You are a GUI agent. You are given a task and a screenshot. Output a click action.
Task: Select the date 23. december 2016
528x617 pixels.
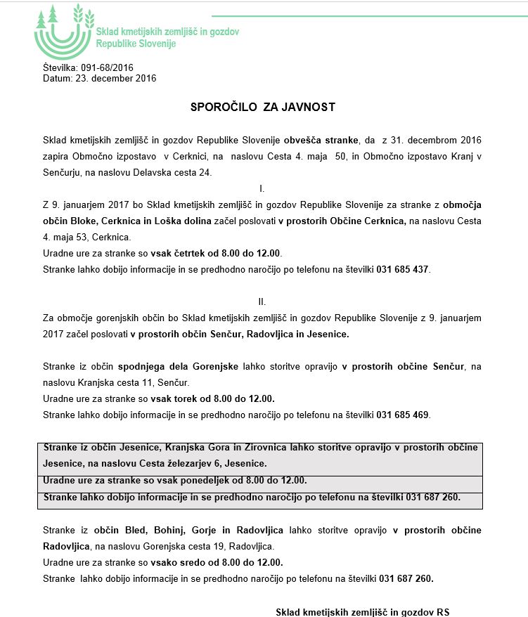[x=115, y=78]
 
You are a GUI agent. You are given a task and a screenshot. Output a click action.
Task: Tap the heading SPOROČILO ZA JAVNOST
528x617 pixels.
[x=263, y=108]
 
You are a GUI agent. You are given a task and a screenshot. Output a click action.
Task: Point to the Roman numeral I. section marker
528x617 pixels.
[x=262, y=189]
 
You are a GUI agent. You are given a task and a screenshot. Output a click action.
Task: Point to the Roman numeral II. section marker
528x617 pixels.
[x=262, y=301]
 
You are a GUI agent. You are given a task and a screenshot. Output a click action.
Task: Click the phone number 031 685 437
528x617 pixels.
[x=403, y=269]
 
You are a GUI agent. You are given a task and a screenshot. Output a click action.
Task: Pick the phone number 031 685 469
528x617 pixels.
[x=403, y=415]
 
